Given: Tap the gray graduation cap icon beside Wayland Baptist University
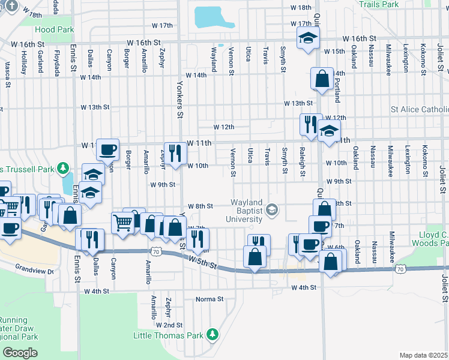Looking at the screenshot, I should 273,209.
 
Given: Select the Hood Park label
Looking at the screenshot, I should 54,29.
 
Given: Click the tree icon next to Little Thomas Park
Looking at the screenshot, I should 211,334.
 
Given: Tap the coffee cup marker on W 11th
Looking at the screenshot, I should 107,149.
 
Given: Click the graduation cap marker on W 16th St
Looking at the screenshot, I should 309,39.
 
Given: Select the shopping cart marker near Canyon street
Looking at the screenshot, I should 122,223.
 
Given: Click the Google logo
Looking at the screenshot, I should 20,352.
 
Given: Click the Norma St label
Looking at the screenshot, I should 209,299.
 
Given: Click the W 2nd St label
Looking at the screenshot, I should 169,325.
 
